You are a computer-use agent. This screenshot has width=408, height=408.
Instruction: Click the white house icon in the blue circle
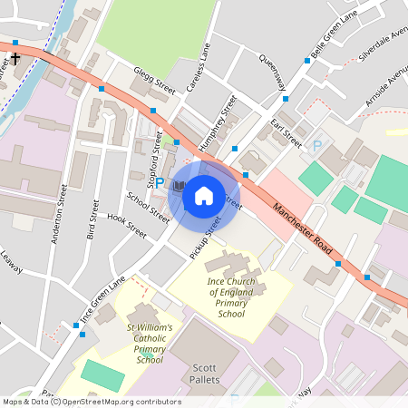tap(203, 194)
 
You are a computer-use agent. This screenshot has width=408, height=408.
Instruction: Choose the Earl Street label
tap(289, 131)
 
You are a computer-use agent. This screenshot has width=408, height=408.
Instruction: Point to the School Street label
tap(148, 208)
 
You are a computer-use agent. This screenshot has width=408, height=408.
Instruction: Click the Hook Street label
tap(126, 224)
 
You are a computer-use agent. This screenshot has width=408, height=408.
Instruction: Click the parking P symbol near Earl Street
tap(317, 146)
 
